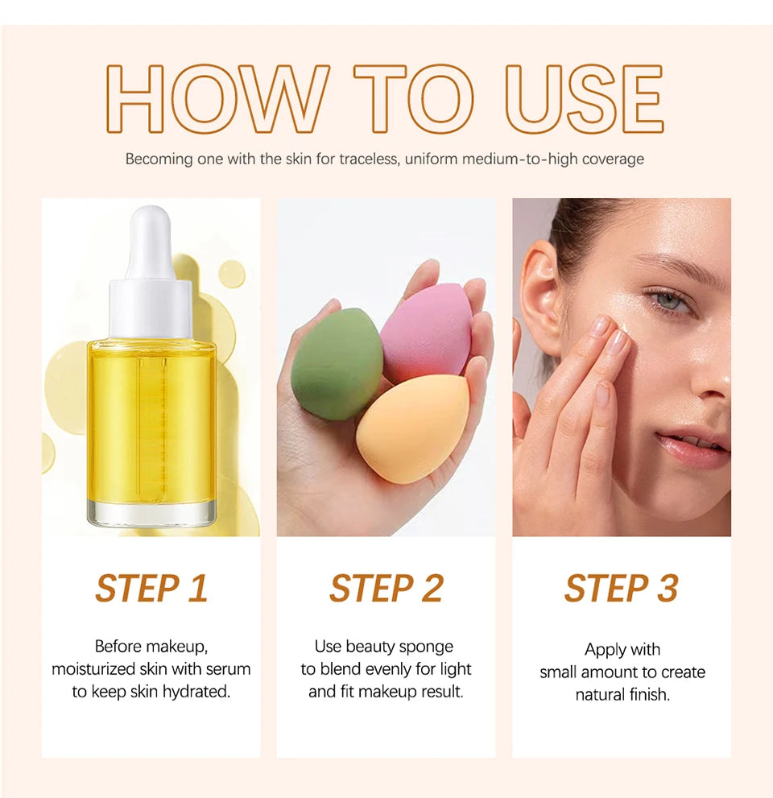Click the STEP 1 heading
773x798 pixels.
(x=151, y=589)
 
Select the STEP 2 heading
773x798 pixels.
(x=386, y=589)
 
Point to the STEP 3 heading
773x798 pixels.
(x=621, y=589)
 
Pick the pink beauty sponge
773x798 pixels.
(x=427, y=332)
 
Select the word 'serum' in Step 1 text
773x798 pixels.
(x=230, y=669)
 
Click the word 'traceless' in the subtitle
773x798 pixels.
(x=368, y=159)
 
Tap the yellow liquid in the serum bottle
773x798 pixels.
(x=151, y=419)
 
